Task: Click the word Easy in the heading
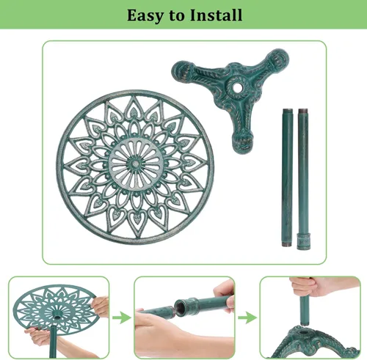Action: click(x=145, y=15)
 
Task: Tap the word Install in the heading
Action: click(x=216, y=15)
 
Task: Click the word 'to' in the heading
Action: click(x=177, y=15)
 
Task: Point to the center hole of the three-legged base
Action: click(x=236, y=87)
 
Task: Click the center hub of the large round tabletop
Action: click(x=135, y=164)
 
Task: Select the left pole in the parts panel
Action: click(x=287, y=177)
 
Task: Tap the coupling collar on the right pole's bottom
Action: click(x=304, y=241)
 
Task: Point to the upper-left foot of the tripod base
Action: click(x=181, y=70)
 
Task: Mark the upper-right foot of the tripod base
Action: click(x=278, y=59)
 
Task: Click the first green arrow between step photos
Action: click(x=122, y=317)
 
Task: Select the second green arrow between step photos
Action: click(x=247, y=317)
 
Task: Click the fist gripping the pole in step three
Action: click(x=308, y=287)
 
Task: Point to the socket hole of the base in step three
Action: click(x=304, y=332)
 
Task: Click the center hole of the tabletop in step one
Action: click(x=57, y=317)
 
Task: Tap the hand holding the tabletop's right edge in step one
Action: click(x=100, y=306)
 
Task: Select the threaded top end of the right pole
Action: click(x=303, y=111)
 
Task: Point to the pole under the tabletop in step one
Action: click(x=53, y=342)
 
